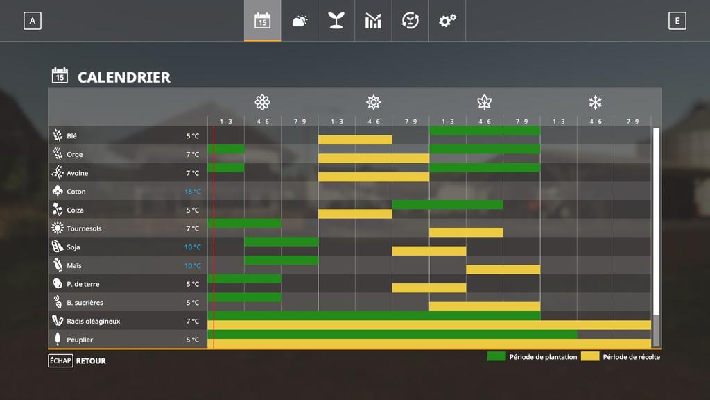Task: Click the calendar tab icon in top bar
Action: [262, 21]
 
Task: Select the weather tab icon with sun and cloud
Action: [300, 21]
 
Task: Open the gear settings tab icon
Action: [447, 21]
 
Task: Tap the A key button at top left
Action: [32, 21]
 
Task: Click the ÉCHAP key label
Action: [60, 360]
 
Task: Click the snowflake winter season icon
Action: [595, 103]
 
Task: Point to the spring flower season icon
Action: [262, 103]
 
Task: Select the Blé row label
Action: [72, 136]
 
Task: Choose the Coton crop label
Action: [76, 192]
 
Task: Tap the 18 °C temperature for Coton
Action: [192, 192]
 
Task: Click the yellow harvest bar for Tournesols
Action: [466, 233]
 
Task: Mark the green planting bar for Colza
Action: [447, 205]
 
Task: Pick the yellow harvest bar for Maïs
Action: [503, 269]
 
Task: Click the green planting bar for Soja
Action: [281, 242]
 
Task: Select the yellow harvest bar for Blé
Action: [355, 140]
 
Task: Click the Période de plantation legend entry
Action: [532, 357]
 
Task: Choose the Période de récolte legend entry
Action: [621, 357]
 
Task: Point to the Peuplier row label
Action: [79, 340]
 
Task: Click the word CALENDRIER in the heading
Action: [123, 77]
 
